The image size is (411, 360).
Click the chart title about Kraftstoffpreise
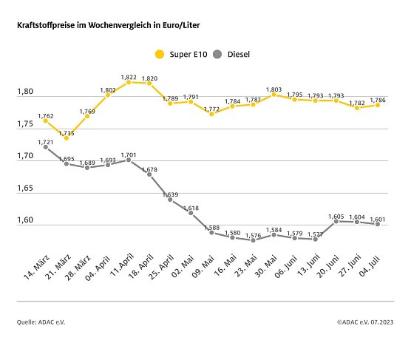click(x=108, y=25)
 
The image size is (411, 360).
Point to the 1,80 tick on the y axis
click(x=26, y=92)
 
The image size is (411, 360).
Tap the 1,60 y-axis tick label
click(x=26, y=220)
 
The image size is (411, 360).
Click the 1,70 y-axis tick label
click(x=26, y=157)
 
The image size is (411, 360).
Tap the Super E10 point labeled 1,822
click(x=129, y=82)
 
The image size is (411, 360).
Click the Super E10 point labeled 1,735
click(x=67, y=137)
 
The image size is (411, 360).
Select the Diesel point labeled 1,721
click(x=46, y=147)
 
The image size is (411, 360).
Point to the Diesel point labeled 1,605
click(x=336, y=221)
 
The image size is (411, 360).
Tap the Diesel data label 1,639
click(x=170, y=194)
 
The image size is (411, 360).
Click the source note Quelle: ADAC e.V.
click(x=44, y=322)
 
